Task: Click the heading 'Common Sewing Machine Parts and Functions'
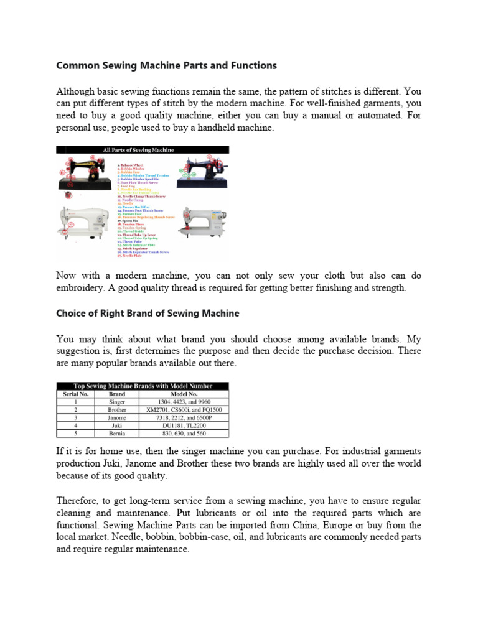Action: pyautogui.click(x=166, y=65)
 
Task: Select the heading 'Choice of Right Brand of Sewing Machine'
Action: pyautogui.click(x=148, y=314)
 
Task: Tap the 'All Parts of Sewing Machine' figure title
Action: pyautogui.click(x=143, y=150)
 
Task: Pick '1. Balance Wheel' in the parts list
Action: pyautogui.click(x=130, y=165)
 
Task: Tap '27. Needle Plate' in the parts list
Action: pyautogui.click(x=130, y=256)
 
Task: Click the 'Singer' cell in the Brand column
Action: pyautogui.click(x=117, y=402)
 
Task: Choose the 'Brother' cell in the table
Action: pyautogui.click(x=117, y=410)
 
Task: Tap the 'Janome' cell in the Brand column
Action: pyautogui.click(x=117, y=417)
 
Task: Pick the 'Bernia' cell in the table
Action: pyautogui.click(x=117, y=433)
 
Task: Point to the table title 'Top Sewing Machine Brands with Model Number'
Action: pyautogui.click(x=143, y=386)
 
